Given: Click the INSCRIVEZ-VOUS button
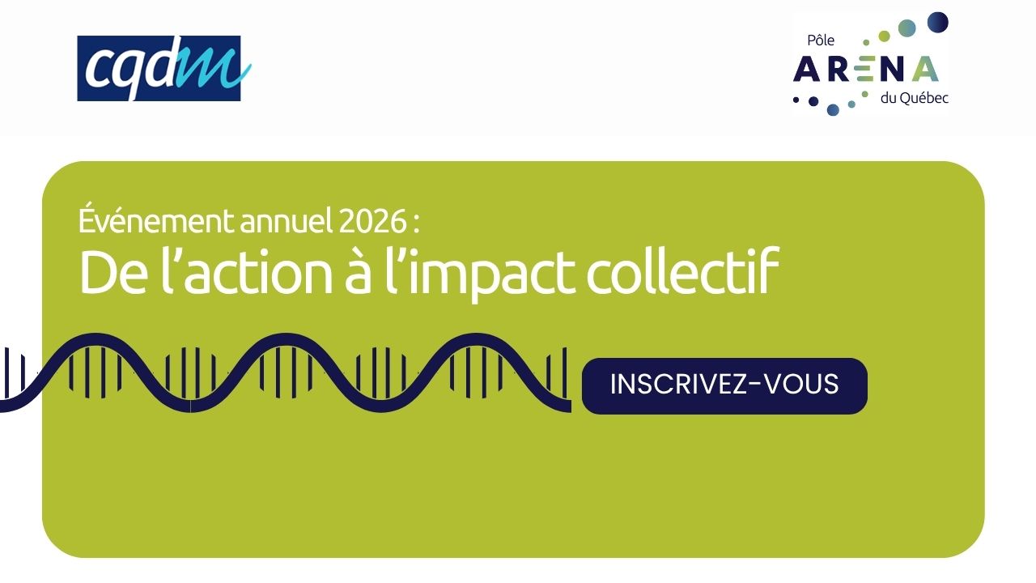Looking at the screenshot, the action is point(724,386).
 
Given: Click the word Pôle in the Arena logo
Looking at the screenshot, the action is point(821,40).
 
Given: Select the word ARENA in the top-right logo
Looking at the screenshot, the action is point(866,69).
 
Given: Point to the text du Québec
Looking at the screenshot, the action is point(914,98).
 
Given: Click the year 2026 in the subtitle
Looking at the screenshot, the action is point(372,221).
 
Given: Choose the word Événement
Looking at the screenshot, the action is point(156,219).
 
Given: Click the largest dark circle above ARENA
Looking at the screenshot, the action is point(937,23).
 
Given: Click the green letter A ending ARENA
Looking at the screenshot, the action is point(925,69).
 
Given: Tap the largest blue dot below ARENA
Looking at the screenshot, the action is point(833,109).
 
